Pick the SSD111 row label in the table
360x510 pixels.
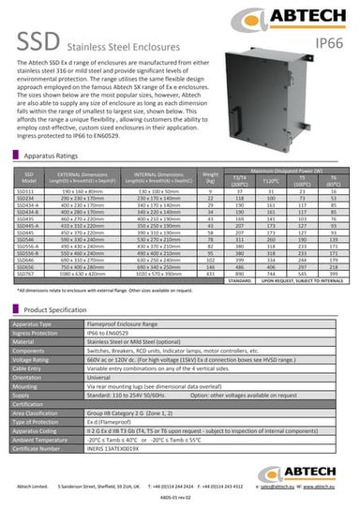pos(28,217)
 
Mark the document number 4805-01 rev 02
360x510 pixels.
pos(179,501)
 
